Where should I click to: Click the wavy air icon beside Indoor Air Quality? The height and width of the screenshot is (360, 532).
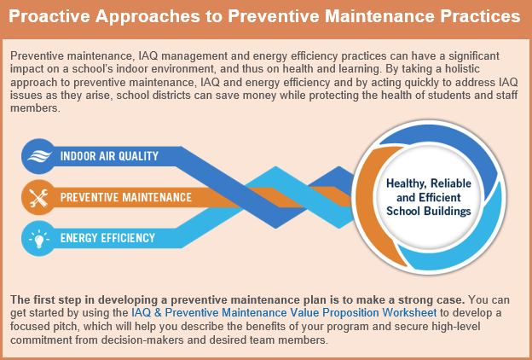pos(39,156)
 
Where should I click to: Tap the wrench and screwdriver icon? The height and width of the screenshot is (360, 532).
pos(38,198)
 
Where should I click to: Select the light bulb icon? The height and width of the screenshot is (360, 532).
pos(39,239)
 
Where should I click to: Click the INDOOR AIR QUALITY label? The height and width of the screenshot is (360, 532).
pos(109,156)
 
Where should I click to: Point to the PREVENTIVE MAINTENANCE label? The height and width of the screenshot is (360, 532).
pos(126,197)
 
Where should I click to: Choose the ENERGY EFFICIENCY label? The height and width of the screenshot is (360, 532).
pos(107,238)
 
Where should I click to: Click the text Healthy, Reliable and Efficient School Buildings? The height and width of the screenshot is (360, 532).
pos(429,197)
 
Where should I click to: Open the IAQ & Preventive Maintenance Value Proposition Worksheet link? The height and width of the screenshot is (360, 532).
pos(284,312)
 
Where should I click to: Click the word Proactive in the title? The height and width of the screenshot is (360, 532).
pos(49,16)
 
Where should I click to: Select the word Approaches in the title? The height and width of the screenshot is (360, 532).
pos(147,17)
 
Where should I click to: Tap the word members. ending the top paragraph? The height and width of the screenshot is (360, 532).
pos(35,108)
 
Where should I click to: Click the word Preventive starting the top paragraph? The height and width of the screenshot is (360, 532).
pos(33,55)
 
